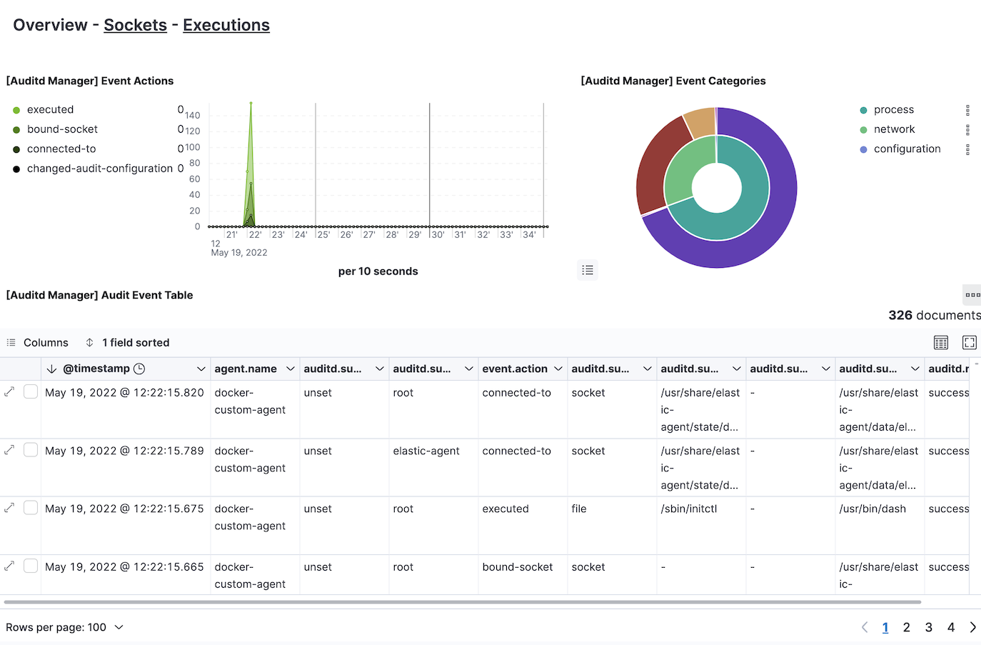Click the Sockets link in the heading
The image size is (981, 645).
click(x=135, y=25)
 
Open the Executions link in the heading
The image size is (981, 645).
click(x=226, y=25)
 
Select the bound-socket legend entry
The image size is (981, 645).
click(x=62, y=129)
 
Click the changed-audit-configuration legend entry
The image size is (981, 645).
click(x=99, y=169)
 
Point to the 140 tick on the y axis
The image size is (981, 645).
click(x=193, y=115)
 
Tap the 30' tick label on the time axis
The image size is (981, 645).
click(x=438, y=234)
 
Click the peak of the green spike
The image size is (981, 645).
click(x=251, y=104)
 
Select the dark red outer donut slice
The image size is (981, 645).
click(x=657, y=164)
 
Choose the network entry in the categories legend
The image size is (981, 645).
click(x=894, y=129)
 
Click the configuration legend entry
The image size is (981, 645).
click(x=907, y=149)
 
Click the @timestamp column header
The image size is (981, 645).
click(x=96, y=369)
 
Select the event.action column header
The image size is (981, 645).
click(x=515, y=369)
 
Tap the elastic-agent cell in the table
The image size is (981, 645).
click(x=426, y=451)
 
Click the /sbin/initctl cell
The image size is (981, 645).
click(x=688, y=509)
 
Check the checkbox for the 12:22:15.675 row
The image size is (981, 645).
click(x=31, y=508)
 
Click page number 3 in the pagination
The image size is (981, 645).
click(x=928, y=627)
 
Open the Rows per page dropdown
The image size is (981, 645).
click(x=65, y=627)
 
